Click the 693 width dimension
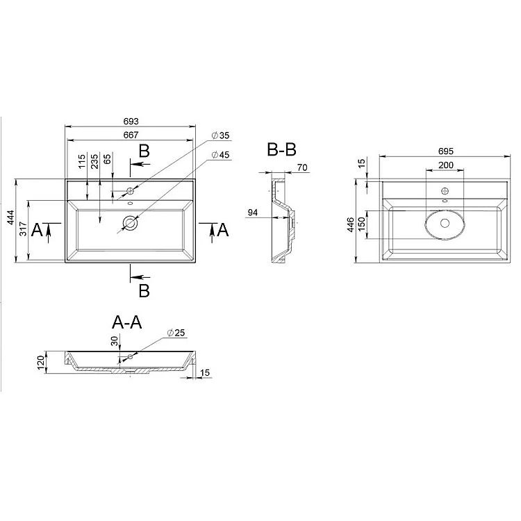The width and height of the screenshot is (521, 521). pos(131,122)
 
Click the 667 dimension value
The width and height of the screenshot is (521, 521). pos(131,135)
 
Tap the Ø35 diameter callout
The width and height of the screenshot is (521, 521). pos(221,135)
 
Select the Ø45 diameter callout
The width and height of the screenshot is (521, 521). pos(221,154)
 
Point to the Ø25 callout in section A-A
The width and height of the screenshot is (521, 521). pos(176,333)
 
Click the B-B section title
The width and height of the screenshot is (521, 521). pos(281,149)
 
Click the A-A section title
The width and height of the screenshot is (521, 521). pos(127,322)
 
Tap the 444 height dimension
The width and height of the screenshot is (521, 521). pos(11,217)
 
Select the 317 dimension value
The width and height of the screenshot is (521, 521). pos(23,229)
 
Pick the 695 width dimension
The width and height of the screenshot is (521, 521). pos(445,151)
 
